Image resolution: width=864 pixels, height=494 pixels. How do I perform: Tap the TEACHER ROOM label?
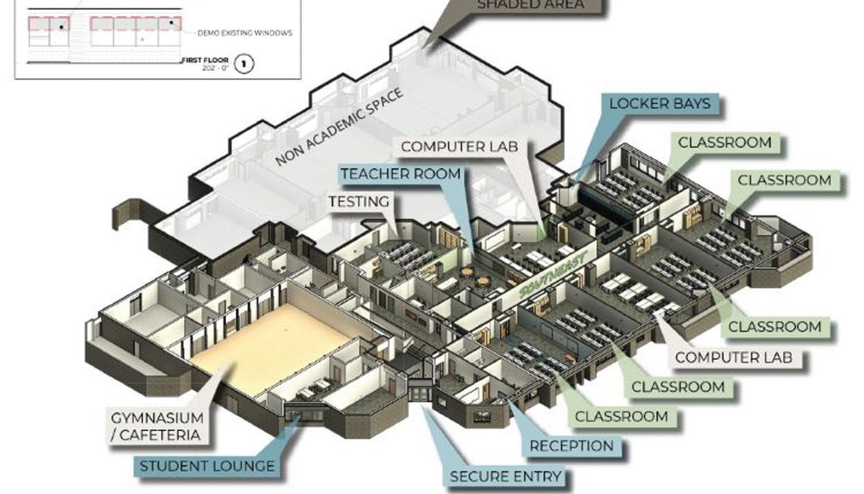[x=400, y=173]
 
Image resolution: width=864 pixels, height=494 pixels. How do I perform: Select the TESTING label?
[x=358, y=202]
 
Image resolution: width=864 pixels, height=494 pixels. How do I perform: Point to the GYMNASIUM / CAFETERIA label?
[x=158, y=426]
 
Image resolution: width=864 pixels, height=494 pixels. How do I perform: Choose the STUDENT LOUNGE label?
[x=207, y=466]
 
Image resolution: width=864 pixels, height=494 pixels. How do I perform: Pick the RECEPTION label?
[x=571, y=446]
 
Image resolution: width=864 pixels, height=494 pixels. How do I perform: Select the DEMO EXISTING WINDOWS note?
[x=245, y=32]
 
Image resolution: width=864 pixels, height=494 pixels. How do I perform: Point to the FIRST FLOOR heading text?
[x=205, y=60]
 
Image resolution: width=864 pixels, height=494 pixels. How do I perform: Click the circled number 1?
[x=244, y=64]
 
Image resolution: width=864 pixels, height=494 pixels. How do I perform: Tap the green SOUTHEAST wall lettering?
[x=553, y=274]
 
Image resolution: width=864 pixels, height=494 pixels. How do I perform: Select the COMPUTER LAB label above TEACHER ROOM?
[x=459, y=146]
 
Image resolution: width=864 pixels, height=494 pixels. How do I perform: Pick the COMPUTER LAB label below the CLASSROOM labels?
[x=733, y=358]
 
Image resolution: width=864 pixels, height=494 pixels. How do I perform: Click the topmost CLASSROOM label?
[x=724, y=142]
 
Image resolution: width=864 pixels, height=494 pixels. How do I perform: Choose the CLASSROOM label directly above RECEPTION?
[x=621, y=417]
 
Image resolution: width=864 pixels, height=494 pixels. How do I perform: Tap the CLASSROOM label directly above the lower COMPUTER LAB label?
[x=775, y=326]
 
